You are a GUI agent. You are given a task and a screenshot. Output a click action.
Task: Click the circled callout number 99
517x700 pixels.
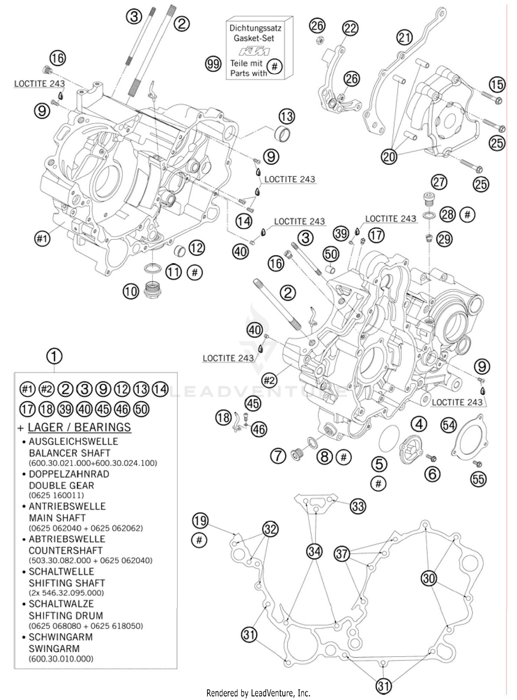pyautogui.click(x=213, y=64)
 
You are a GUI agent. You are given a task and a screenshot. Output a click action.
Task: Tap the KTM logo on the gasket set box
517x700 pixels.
pyautogui.click(x=255, y=51)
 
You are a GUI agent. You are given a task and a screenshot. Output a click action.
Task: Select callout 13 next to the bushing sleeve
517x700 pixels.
pyautogui.click(x=287, y=117)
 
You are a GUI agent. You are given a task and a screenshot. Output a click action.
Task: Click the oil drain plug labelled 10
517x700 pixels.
pyautogui.click(x=150, y=290)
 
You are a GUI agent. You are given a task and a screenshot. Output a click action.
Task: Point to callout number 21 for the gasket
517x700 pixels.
pyautogui.click(x=405, y=37)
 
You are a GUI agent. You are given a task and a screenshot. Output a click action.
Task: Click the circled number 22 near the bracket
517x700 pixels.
pyautogui.click(x=350, y=28)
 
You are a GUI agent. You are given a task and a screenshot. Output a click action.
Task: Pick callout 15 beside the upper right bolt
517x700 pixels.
pyautogui.click(x=497, y=84)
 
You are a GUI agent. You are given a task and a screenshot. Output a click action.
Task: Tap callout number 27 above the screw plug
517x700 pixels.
pyautogui.click(x=439, y=182)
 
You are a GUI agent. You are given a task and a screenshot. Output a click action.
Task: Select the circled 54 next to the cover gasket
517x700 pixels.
pyautogui.click(x=449, y=426)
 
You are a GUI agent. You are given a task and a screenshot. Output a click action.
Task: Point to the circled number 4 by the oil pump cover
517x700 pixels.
pyautogui.click(x=419, y=424)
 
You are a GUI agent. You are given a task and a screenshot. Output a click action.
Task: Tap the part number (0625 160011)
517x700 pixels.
pyautogui.click(x=57, y=495)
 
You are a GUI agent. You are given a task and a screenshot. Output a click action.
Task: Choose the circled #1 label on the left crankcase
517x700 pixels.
pyautogui.click(x=42, y=238)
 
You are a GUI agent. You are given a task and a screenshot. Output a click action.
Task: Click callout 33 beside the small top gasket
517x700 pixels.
pyautogui.click(x=358, y=506)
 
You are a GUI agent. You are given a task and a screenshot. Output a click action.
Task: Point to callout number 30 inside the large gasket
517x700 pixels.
pyautogui.click(x=429, y=578)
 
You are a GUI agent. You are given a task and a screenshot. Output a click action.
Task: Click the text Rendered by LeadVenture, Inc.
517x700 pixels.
pyautogui.click(x=258, y=692)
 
